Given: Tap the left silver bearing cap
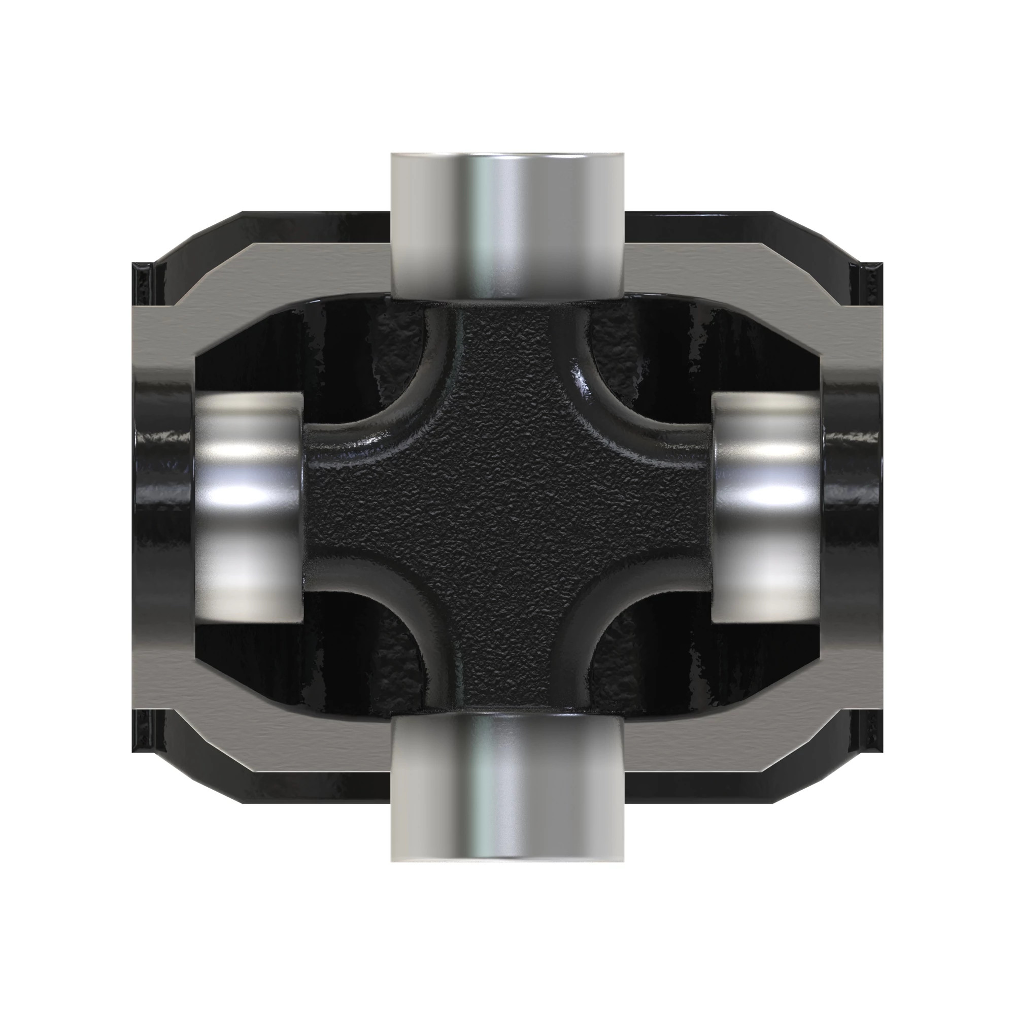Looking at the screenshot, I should [x=250, y=507].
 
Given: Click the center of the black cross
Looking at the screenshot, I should [x=507, y=507].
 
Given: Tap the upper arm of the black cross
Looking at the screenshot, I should [x=507, y=357].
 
